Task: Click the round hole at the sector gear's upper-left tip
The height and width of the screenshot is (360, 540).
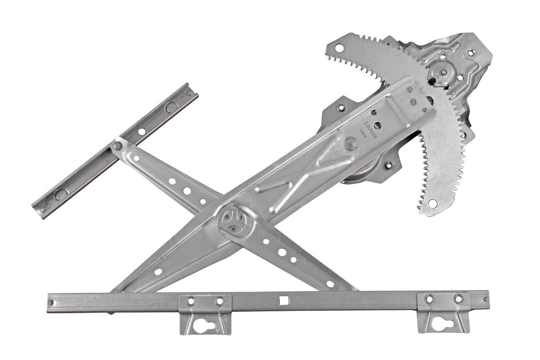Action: point(339,48)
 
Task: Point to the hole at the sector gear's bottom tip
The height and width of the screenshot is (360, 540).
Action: point(432,202)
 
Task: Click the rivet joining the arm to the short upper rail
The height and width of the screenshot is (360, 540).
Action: point(117,145)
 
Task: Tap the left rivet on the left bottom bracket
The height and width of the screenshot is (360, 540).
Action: point(191,301)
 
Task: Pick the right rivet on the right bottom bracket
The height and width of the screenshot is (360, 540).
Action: point(458,299)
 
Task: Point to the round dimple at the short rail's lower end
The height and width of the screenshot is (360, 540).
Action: point(60,194)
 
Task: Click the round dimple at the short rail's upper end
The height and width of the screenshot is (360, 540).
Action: point(171,107)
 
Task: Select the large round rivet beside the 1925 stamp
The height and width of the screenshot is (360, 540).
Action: point(350,143)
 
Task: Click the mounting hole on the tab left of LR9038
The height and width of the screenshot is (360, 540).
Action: point(341,108)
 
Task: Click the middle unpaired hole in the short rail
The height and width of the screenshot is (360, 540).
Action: point(141,131)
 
